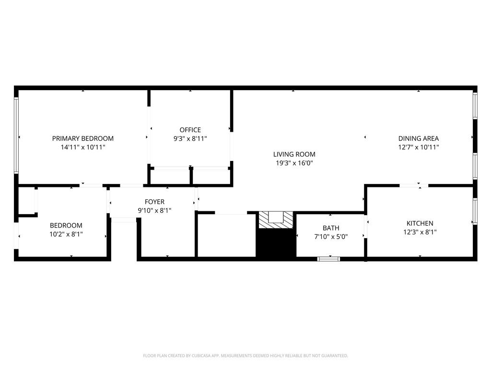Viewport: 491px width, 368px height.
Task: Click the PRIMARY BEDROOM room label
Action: tap(83, 138)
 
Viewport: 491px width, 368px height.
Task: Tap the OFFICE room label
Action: tap(190, 130)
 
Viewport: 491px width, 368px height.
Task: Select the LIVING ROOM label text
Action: tap(294, 154)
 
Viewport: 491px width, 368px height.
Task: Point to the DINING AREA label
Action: tap(419, 138)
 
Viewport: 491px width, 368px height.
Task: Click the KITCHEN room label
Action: tap(420, 223)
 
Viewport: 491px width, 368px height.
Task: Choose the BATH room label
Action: tap(331, 228)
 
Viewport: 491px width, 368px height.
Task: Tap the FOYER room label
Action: tap(155, 202)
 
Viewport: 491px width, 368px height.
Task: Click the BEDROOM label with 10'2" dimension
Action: tap(66, 225)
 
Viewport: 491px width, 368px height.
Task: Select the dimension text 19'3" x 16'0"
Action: tap(294, 163)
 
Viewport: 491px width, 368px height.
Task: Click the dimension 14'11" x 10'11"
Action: tap(83, 147)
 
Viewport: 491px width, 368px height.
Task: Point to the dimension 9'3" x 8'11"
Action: tap(190, 138)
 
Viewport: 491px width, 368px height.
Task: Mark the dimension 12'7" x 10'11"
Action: tap(419, 147)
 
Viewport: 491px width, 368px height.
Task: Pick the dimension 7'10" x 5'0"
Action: tap(331, 237)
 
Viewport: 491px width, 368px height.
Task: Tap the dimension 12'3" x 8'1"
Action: tap(420, 232)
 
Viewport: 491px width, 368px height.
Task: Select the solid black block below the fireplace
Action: tap(276, 244)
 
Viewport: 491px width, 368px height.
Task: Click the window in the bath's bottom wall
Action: tap(329, 259)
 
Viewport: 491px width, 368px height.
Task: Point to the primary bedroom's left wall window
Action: tap(16, 135)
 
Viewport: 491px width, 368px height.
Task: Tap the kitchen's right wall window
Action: tap(475, 211)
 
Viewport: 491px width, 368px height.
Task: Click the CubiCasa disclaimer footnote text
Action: tap(245, 356)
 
